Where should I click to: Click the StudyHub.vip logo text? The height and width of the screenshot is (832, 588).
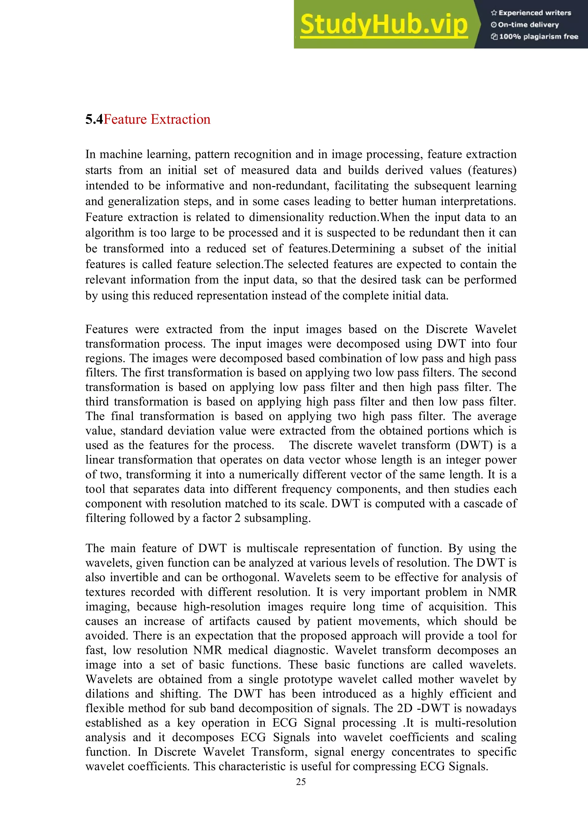coord(384,24)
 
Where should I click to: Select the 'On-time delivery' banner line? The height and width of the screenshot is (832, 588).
coord(528,25)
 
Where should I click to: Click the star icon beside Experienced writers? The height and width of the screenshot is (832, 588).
coord(494,13)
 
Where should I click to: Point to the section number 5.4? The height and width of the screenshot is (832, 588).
coord(94,119)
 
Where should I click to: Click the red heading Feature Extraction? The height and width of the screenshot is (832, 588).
coord(157,119)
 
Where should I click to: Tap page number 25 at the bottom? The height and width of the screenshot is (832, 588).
coord(301,782)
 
